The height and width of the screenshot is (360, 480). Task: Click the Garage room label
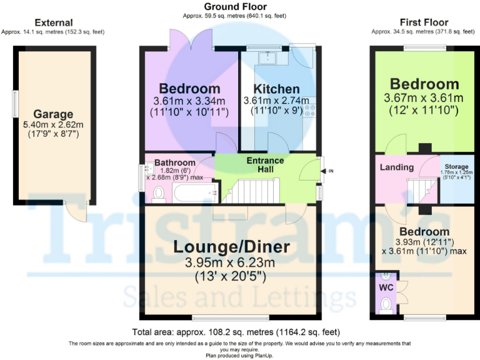(53, 114)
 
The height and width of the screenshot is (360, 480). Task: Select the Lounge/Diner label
(232, 247)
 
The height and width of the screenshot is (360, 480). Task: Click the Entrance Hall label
(265, 165)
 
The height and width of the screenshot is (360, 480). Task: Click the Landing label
(397, 167)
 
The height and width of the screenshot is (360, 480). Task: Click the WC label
(386, 288)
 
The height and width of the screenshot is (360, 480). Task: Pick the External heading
(54, 22)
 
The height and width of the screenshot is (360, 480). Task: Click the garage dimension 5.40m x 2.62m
(53, 125)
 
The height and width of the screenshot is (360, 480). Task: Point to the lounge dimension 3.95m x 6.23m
(232, 262)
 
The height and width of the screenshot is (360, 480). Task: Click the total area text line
(236, 332)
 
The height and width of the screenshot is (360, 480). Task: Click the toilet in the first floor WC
(386, 304)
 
